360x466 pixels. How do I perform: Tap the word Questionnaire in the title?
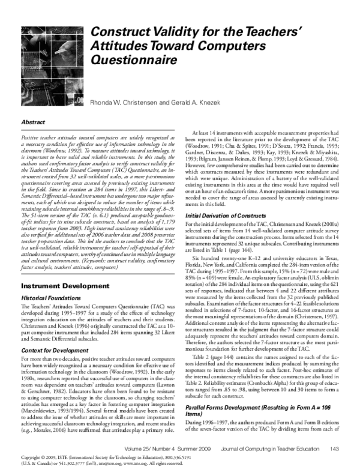point(127,61)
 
